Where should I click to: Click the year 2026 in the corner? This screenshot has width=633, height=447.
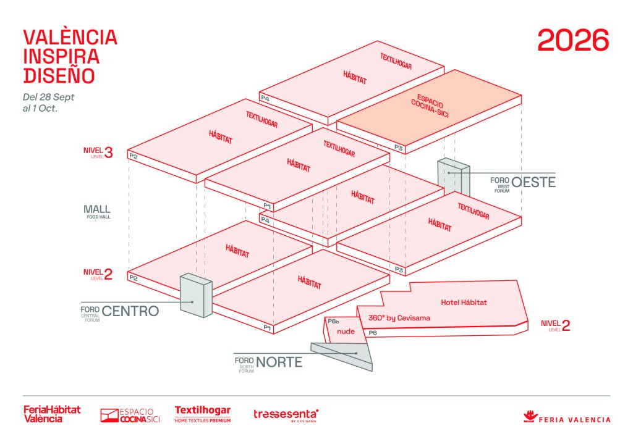click(573, 40)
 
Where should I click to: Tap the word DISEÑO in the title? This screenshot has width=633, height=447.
click(59, 75)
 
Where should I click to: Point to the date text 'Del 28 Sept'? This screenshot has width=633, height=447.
click(48, 97)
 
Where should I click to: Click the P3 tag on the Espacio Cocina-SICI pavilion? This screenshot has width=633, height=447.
click(399, 148)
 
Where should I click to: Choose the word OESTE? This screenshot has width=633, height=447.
click(533, 182)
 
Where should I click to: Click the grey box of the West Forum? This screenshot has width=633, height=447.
click(453, 175)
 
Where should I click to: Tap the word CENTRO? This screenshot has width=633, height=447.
click(130, 311)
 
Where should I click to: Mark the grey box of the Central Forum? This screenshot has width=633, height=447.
click(195, 296)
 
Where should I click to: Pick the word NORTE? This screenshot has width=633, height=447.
click(279, 362)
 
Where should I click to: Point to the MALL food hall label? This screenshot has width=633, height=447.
click(97, 211)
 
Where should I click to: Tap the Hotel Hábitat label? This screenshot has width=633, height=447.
click(464, 303)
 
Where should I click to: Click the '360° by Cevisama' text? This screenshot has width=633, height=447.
click(399, 319)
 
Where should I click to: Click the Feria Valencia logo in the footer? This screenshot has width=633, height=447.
click(567, 417)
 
